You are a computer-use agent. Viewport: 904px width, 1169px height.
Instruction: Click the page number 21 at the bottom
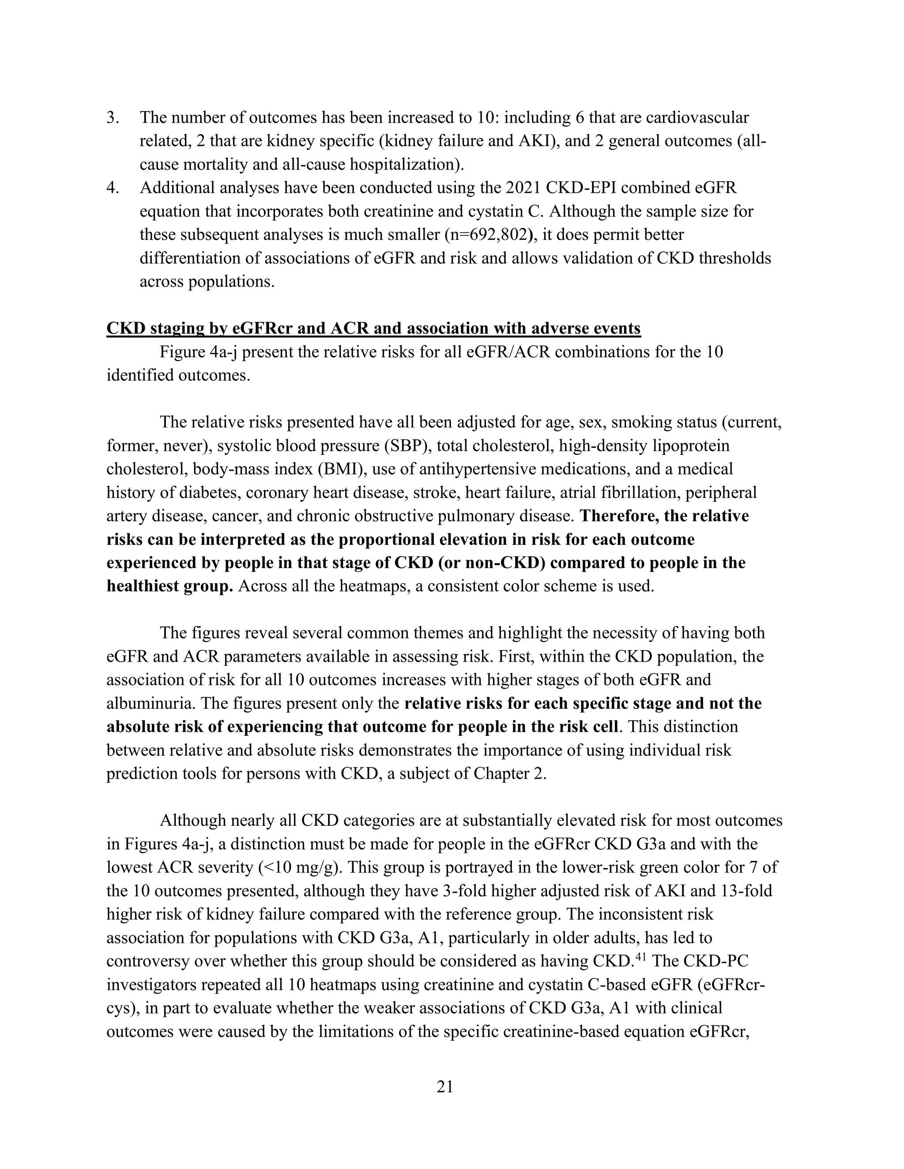pyautogui.click(x=445, y=1087)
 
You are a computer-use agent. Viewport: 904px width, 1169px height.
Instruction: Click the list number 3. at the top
pyautogui.click(x=113, y=117)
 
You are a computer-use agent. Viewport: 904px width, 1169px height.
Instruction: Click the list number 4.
pyautogui.click(x=113, y=188)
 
